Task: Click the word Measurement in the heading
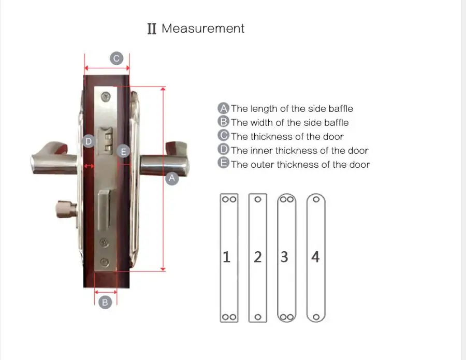(203, 28)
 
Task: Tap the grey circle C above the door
(116, 58)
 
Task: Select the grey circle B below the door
(105, 302)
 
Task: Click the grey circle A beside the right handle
(172, 178)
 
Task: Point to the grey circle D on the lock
(89, 141)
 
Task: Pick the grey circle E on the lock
(124, 152)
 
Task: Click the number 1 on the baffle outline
(226, 257)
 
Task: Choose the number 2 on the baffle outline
(257, 257)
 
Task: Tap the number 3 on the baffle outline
(284, 257)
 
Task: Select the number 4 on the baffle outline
(315, 257)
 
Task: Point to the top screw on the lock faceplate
(106, 95)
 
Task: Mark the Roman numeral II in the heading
(152, 29)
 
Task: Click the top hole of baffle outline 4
(315, 199)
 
